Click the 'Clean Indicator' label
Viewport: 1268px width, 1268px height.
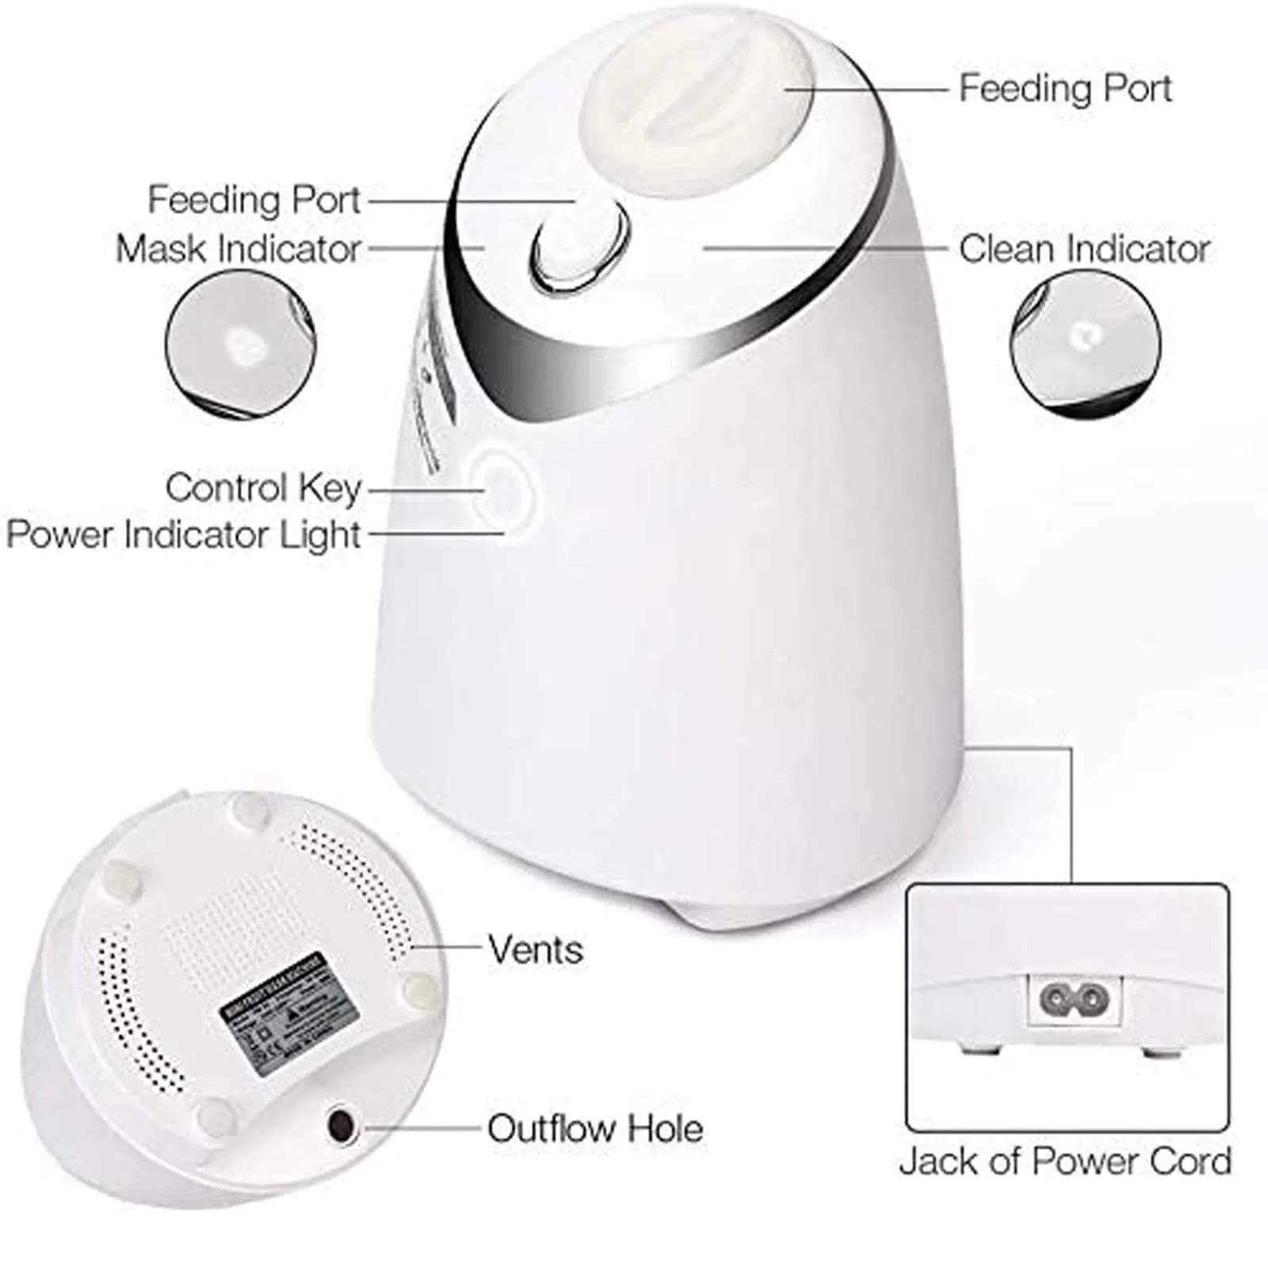click(x=1083, y=249)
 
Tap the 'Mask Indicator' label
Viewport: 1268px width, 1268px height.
click(x=239, y=249)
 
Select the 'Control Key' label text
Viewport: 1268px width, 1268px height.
click(x=263, y=488)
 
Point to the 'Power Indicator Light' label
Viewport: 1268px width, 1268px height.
click(x=184, y=534)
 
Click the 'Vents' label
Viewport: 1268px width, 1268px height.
click(x=536, y=949)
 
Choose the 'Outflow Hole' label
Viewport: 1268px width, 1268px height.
click(x=594, y=1129)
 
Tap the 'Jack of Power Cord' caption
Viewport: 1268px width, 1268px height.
click(x=1065, y=1162)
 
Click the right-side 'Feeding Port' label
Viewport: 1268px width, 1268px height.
click(x=1065, y=88)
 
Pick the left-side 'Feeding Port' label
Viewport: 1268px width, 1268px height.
click(x=254, y=200)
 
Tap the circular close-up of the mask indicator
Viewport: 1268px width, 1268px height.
click(x=240, y=342)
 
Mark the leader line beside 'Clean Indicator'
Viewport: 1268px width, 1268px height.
click(x=824, y=248)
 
